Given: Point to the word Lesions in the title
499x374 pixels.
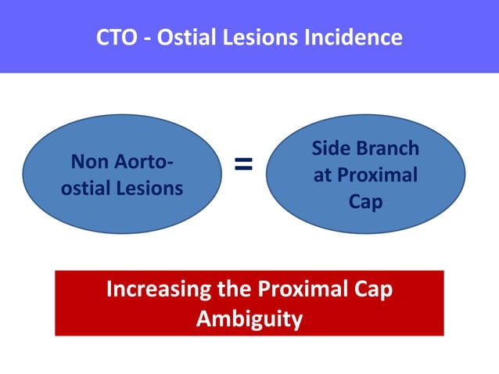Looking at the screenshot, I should pos(261,37).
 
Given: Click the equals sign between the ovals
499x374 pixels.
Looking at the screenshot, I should pos(244,164).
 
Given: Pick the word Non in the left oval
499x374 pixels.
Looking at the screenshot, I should pos(88,163).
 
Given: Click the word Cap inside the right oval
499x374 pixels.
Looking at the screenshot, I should pos(365,202).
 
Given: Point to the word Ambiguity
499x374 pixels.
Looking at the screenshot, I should pos(249,319).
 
